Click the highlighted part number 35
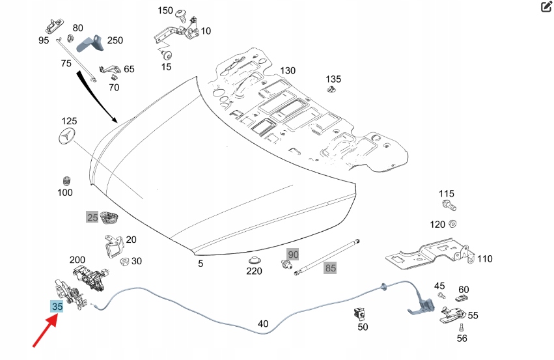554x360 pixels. click(x=57, y=307)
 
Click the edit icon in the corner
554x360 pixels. click(x=546, y=7)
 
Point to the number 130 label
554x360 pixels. click(x=287, y=70)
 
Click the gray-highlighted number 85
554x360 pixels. click(x=331, y=268)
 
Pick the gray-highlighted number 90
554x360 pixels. click(x=293, y=254)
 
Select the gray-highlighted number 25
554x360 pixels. click(x=92, y=217)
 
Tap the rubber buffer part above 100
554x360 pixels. click(x=66, y=180)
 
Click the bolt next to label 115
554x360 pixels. click(x=449, y=206)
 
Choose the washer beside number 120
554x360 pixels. click(x=454, y=225)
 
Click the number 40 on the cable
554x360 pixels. click(x=263, y=324)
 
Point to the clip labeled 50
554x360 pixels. click(x=358, y=313)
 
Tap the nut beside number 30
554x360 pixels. click(x=123, y=262)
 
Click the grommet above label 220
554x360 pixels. click(x=254, y=260)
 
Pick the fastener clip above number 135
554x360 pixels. click(x=333, y=90)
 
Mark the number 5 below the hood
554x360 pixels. click(x=201, y=264)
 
